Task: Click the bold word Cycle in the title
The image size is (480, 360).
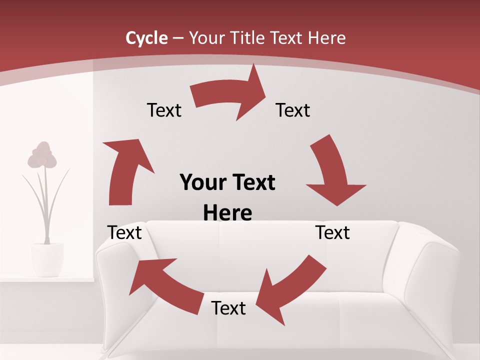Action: (x=146, y=38)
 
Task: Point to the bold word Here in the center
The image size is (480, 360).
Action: (x=227, y=213)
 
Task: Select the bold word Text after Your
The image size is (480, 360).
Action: (x=253, y=182)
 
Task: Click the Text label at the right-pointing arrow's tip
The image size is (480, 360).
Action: (x=293, y=110)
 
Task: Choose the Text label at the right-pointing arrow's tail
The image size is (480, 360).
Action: (x=164, y=110)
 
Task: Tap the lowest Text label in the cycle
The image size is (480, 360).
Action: (x=228, y=308)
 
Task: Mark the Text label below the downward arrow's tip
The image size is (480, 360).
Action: (x=332, y=233)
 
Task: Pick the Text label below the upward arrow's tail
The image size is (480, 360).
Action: (x=124, y=233)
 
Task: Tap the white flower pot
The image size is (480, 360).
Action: (x=47, y=259)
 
